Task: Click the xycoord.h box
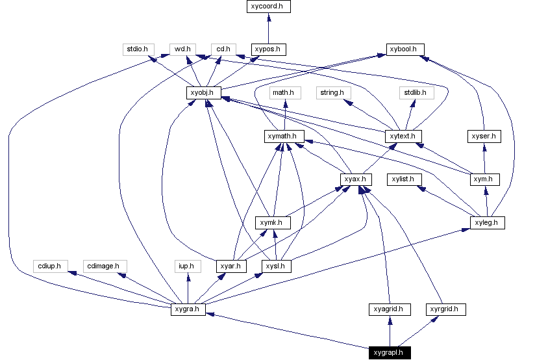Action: click(268, 6)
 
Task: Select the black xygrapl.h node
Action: click(389, 354)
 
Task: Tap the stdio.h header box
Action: click(137, 49)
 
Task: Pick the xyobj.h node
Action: click(203, 92)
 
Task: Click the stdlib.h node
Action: click(414, 92)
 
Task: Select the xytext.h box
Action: click(403, 136)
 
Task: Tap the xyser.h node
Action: click(484, 136)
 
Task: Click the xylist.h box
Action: click(406, 179)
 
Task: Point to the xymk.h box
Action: click(272, 223)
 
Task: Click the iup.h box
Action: click(188, 266)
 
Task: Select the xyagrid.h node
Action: click(389, 309)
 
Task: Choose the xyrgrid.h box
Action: click(446, 309)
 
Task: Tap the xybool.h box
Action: click(406, 49)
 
